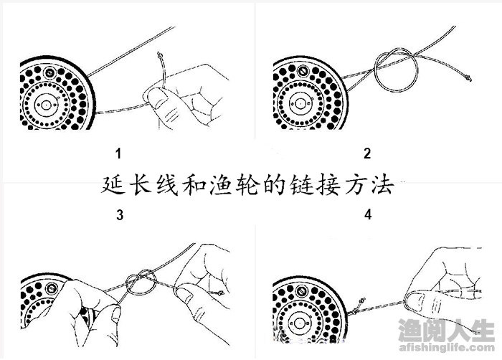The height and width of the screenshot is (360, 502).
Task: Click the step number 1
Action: click(x=118, y=153)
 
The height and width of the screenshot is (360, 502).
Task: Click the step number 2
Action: click(x=367, y=153)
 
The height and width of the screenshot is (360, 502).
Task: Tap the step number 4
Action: click(x=367, y=214)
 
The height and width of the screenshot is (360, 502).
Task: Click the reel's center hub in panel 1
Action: click(x=47, y=105)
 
